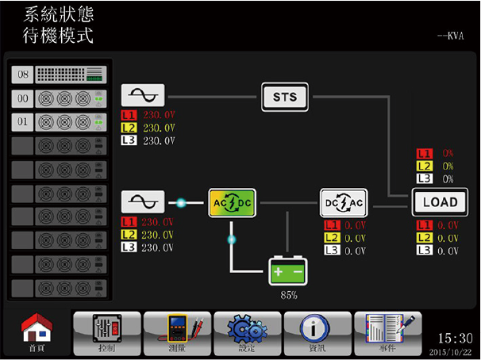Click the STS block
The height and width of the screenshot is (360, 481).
point(284,97)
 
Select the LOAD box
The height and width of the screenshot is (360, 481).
point(435,202)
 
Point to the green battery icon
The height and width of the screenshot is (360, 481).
point(287,272)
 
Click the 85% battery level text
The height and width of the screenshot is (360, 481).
point(287,295)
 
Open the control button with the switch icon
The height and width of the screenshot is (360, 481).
point(106,331)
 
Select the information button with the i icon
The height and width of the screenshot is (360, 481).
point(317,331)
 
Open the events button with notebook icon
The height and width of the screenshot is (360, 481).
point(387,331)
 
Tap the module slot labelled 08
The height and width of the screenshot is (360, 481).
point(60,75)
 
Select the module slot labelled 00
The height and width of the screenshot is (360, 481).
point(60,98)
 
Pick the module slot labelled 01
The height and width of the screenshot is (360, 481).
point(60,122)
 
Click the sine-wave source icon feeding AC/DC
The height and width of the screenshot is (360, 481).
point(142,202)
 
